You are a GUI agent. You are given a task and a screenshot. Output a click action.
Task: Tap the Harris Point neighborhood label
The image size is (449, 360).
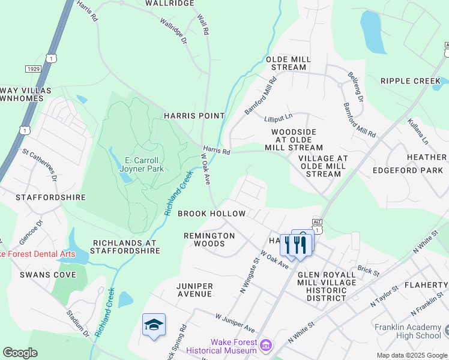[194, 115]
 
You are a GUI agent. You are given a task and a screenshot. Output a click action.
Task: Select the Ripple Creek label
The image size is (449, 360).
[411, 81]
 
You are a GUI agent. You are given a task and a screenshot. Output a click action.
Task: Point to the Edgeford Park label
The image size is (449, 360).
[408, 170]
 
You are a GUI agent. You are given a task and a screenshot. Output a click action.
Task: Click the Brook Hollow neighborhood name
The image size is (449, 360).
[211, 214]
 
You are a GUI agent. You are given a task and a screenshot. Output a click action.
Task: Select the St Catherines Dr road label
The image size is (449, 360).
[40, 166]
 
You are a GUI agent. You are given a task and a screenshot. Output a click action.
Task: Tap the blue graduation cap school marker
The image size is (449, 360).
[154, 325]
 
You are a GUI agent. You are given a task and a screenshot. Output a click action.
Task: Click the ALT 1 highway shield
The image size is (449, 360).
[317, 227]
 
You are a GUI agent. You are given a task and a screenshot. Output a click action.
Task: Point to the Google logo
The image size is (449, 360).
[20, 353]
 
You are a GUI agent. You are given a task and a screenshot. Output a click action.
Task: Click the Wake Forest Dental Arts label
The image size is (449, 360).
[37, 254]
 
